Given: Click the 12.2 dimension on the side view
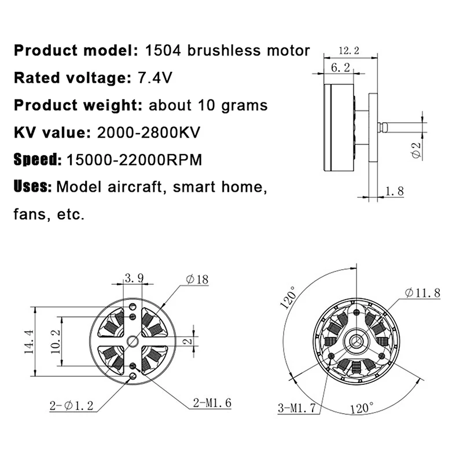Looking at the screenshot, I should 349,51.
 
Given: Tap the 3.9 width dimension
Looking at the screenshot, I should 134,279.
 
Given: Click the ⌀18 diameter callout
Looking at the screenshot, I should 197,280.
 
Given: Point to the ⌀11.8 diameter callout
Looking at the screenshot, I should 422,293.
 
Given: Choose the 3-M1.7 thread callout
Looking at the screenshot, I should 296,408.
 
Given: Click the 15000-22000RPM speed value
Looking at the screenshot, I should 134,160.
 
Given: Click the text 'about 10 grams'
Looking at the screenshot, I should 208,105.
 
